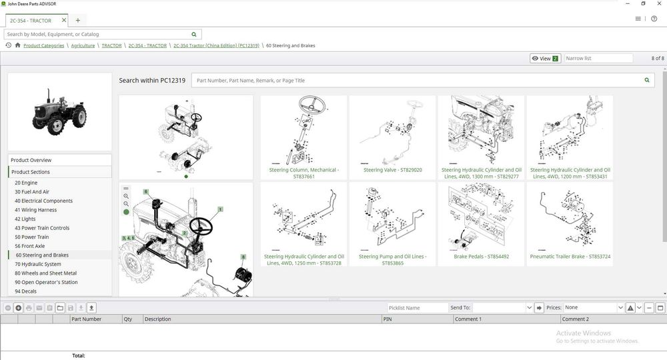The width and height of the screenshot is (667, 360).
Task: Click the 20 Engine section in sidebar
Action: point(27,183)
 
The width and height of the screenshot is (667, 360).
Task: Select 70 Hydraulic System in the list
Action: point(38,264)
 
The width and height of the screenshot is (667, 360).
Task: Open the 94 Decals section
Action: point(26,291)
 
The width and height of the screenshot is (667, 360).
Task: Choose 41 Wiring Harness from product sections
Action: point(36,210)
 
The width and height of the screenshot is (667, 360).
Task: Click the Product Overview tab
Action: point(31,160)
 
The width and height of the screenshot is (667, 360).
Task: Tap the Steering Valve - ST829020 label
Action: point(392,170)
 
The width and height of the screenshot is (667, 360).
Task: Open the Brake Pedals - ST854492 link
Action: point(481,256)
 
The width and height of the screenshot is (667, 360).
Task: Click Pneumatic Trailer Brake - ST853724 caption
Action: point(570,256)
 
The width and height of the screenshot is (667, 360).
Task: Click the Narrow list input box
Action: point(598,59)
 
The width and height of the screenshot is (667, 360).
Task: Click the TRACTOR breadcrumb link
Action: point(111,46)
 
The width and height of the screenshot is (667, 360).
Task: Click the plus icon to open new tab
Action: point(78,21)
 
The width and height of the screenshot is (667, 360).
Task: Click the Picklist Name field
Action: point(418,308)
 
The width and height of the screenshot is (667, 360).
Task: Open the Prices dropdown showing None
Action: point(592,308)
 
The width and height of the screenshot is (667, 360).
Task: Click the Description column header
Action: point(158,319)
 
